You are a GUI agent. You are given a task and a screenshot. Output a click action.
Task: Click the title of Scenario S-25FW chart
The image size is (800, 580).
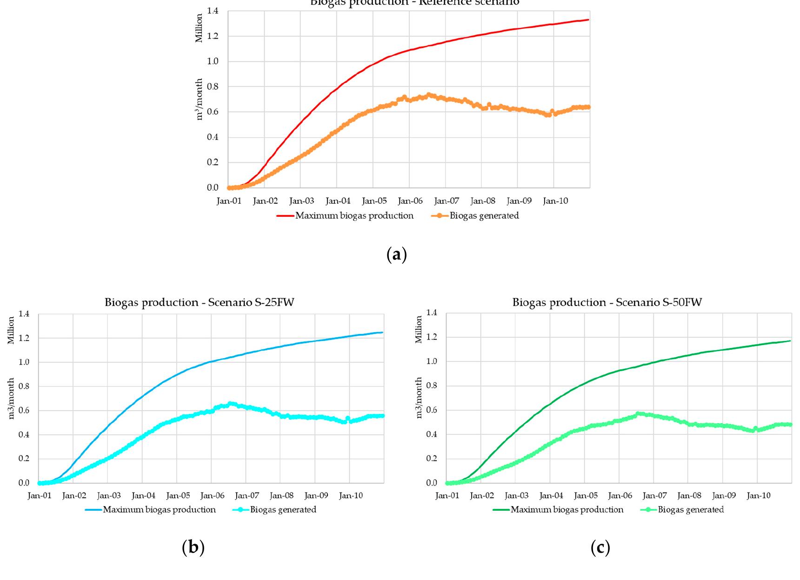click(199, 303)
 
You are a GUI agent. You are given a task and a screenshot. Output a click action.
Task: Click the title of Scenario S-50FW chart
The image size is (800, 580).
click(607, 303)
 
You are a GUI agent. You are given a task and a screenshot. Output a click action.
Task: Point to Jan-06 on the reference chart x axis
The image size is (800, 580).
click(410, 201)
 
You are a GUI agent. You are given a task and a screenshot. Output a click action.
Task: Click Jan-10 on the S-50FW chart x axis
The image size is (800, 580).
click(759, 496)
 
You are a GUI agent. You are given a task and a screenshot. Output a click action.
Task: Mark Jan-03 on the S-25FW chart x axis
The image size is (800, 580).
click(109, 496)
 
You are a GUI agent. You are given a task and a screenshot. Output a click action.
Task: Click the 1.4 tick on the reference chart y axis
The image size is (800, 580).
click(212, 11)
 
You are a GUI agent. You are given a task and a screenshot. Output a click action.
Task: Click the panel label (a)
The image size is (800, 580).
click(397, 255)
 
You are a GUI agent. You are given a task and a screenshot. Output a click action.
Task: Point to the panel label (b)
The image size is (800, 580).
click(193, 548)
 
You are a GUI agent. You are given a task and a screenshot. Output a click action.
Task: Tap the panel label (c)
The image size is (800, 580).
click(600, 548)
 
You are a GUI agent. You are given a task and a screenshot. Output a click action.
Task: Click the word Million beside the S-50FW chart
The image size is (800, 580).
click(419, 329)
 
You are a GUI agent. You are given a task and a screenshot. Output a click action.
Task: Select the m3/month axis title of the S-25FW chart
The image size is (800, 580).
click(11, 398)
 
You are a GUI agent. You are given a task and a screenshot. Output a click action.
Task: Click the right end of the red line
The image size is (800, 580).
click(588, 20)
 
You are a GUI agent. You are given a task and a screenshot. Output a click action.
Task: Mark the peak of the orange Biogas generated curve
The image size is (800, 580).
click(429, 94)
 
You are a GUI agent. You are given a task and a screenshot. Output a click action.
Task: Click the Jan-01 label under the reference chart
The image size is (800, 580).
click(229, 201)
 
